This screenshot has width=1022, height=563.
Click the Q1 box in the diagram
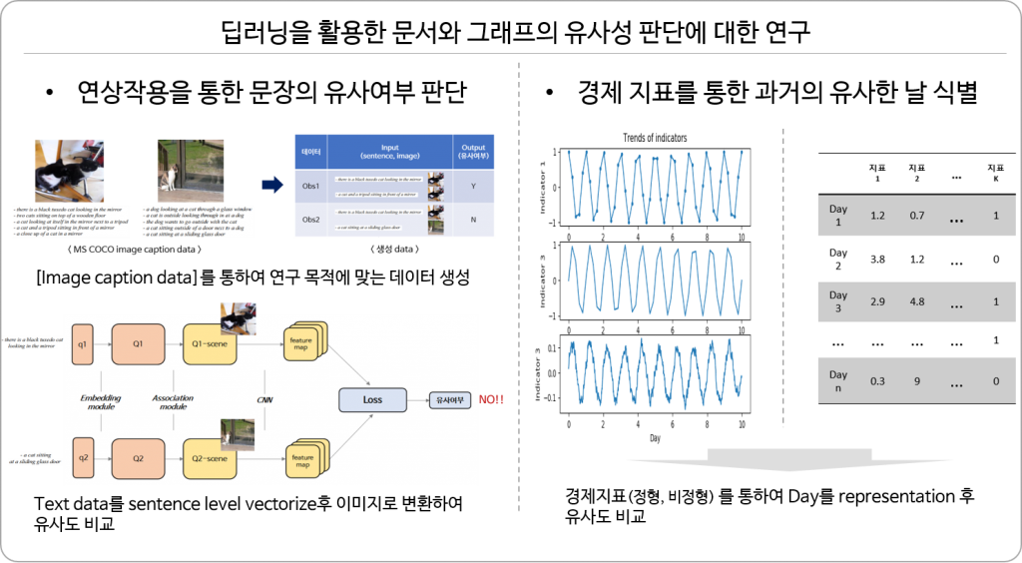[138, 343]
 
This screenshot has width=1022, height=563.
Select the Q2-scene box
[210, 458]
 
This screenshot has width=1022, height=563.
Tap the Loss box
[372, 399]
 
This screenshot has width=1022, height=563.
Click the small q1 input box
[82, 343]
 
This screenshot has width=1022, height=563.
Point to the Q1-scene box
[210, 343]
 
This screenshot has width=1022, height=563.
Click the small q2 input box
[82, 458]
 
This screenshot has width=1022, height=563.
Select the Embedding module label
[100, 402]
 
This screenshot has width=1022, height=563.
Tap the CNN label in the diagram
[264, 400]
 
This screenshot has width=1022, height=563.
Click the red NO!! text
[491, 400]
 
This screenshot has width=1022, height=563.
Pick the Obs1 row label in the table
[309, 186]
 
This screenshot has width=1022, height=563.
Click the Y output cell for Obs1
[473, 186]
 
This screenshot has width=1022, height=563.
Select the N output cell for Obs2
[473, 220]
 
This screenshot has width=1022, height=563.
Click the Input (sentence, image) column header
[389, 151]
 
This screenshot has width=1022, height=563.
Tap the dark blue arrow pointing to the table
[271, 185]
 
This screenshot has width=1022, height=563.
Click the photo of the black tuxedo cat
[65, 168]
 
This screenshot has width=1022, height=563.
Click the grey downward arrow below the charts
[788, 460]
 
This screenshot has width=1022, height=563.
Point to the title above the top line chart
[655, 137]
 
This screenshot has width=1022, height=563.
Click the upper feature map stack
[304, 344]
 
